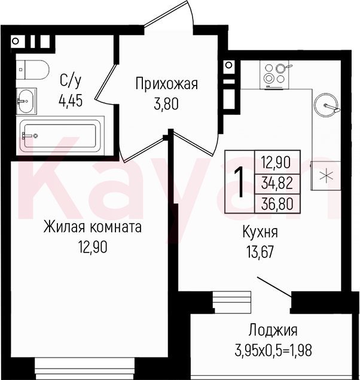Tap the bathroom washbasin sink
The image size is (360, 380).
click(x=26, y=101)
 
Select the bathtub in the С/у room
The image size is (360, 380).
click(x=60, y=136)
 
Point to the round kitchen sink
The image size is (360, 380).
click(x=326, y=104)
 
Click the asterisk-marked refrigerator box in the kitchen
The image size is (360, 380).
click(x=325, y=175)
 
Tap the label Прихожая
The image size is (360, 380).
click(x=167, y=84)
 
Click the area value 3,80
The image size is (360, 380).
click(x=166, y=104)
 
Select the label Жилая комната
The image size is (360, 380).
click(x=93, y=227)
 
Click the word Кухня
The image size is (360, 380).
click(x=260, y=232)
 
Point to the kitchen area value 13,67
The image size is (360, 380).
click(x=260, y=251)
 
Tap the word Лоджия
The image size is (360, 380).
click(x=273, y=330)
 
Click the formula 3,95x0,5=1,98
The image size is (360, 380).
click(x=273, y=350)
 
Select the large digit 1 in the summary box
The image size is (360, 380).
click(x=239, y=182)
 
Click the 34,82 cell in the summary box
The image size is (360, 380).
click(x=277, y=184)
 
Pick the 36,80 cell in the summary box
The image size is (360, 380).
click(x=277, y=203)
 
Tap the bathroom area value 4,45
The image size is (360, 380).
click(x=71, y=101)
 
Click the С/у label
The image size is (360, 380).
click(x=70, y=81)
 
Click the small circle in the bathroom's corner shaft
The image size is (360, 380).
click(x=16, y=41)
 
